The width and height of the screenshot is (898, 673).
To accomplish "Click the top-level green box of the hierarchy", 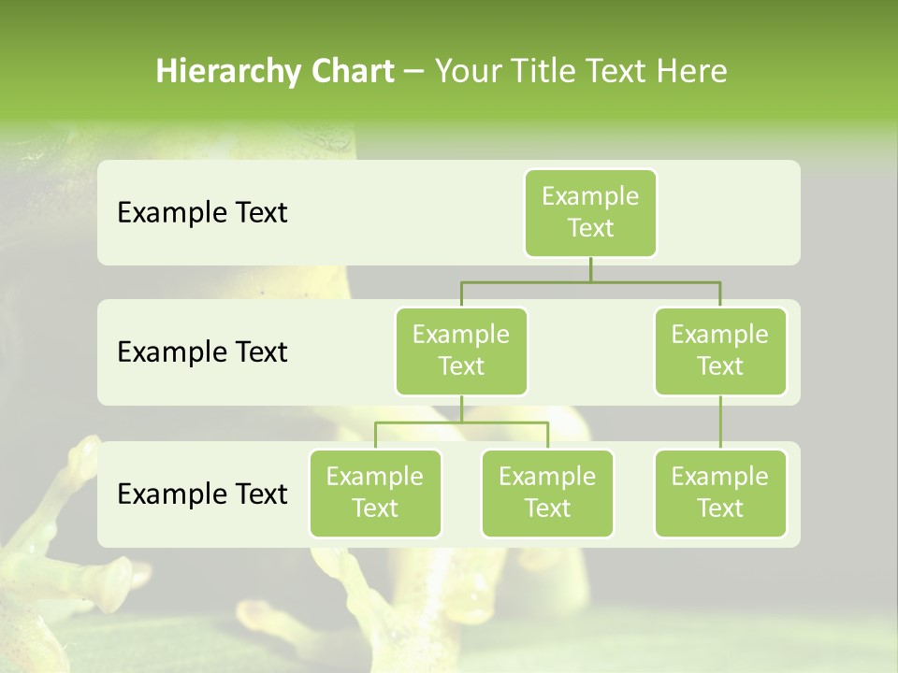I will click(590, 212).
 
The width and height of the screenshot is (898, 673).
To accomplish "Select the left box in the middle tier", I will click(461, 351).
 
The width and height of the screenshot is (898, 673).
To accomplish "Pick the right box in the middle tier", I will click(720, 351).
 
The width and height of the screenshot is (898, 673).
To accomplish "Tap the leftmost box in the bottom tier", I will click(375, 493).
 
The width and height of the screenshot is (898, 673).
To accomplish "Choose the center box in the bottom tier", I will click(547, 493).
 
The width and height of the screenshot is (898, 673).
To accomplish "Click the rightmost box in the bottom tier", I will click(720, 493).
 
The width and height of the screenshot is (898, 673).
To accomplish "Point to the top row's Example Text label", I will click(202, 213).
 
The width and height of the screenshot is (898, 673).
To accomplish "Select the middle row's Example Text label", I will click(202, 352).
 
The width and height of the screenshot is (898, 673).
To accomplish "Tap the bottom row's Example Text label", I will click(202, 494).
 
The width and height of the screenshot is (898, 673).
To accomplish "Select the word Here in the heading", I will click(692, 71).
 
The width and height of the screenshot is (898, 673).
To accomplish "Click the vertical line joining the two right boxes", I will click(720, 422).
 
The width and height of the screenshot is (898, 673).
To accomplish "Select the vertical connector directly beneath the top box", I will click(590, 269).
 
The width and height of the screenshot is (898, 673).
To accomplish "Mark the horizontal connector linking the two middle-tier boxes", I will click(590, 281).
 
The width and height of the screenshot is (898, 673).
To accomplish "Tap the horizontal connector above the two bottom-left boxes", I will click(461, 422).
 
